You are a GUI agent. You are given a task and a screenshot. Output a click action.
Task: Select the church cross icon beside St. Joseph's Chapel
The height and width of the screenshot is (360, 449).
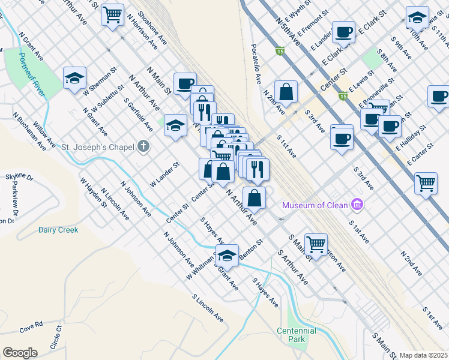click(143, 146)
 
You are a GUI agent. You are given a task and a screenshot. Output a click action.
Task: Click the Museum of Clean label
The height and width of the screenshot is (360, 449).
click(316, 205)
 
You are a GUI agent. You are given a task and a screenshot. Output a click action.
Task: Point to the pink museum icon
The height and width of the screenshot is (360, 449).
click(358, 205)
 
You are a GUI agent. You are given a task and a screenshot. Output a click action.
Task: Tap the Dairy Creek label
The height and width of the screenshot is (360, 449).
click(58, 230)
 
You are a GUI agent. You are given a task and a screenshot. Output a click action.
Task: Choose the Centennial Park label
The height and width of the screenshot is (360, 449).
click(297, 335)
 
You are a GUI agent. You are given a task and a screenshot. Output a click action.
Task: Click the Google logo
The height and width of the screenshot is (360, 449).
click(20, 353)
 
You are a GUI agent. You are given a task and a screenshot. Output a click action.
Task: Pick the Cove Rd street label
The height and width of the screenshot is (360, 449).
click(31, 327)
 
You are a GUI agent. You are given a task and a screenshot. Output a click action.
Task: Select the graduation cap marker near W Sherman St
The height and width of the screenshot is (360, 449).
click(75, 78)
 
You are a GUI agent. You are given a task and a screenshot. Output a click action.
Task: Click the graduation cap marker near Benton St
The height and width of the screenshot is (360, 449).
click(227, 256)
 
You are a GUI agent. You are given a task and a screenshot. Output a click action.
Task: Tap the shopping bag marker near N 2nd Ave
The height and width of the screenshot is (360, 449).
click(287, 92)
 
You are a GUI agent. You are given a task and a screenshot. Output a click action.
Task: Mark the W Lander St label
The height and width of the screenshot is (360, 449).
click(164, 173)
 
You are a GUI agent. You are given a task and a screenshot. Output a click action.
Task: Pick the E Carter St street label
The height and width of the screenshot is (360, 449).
click(421, 154)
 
